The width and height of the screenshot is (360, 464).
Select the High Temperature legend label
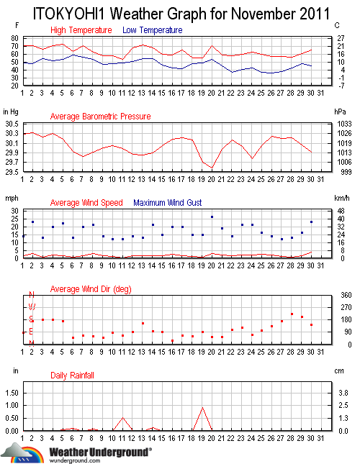point(81,30)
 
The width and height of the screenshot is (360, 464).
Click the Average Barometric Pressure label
point(100,117)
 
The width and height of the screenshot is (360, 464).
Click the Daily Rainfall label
point(72,376)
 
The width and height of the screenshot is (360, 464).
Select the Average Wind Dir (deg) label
point(90,289)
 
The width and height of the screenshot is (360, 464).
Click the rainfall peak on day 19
point(202,408)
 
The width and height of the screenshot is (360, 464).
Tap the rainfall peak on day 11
point(123,417)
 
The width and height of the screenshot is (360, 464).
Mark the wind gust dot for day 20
point(212,217)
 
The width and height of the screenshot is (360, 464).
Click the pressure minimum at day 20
point(212,168)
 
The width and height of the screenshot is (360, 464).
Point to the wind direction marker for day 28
point(292,314)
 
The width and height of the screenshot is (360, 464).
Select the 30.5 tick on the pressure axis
point(11,124)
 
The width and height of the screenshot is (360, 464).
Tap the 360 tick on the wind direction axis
point(344,295)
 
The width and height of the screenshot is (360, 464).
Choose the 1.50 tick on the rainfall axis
point(11,393)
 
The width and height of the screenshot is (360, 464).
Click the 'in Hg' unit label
point(11,112)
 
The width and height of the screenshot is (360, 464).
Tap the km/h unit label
point(342,198)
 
